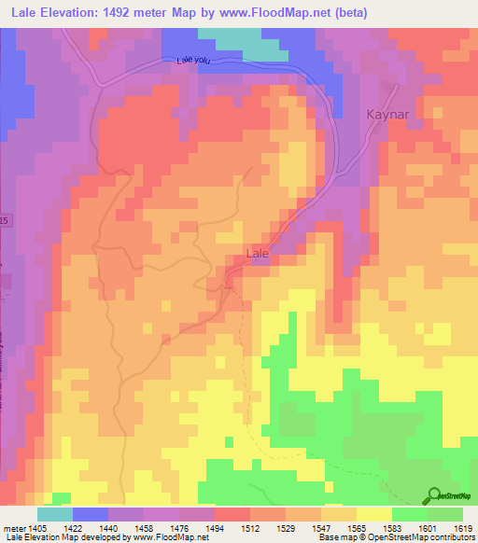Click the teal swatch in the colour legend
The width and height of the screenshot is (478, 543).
pos(54,514)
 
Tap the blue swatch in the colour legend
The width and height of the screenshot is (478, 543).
pos(90,514)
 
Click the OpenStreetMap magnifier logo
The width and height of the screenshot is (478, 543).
pos(431,497)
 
